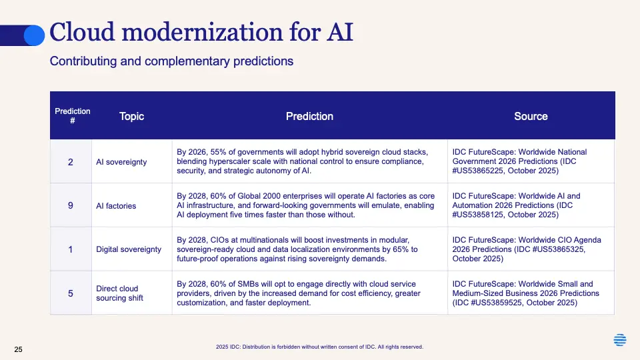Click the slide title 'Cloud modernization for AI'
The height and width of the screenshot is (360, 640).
(201, 32)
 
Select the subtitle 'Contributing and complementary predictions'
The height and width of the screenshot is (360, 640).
(171, 61)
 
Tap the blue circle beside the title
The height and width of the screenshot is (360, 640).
(34, 35)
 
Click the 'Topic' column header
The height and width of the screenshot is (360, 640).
(131, 116)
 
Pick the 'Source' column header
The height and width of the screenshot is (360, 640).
(531, 116)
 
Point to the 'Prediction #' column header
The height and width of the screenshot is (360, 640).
(73, 116)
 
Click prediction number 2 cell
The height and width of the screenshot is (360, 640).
(71, 161)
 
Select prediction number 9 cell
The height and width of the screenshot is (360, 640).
(71, 205)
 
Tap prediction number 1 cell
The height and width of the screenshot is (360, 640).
(71, 249)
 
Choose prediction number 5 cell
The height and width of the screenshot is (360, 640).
(71, 293)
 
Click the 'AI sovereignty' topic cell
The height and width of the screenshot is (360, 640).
(132, 161)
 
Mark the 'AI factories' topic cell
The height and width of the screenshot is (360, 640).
(132, 205)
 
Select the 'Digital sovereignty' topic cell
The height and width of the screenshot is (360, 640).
(132, 249)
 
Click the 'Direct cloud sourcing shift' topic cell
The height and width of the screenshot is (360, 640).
(132, 293)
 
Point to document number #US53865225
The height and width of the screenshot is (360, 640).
(477, 171)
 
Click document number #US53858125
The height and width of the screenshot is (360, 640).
(477, 215)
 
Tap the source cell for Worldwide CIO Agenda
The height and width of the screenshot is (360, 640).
(531, 249)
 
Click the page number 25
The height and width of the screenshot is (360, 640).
(19, 349)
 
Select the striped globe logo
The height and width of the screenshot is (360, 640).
(619, 339)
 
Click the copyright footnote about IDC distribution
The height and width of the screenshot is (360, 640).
(319, 347)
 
